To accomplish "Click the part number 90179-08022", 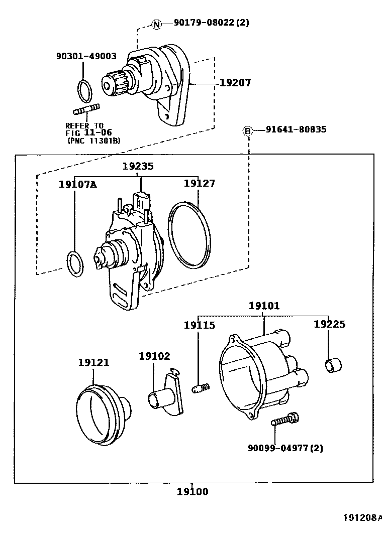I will (x=211, y=23).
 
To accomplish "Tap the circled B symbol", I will (x=247, y=130).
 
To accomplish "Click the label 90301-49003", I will (x=86, y=57).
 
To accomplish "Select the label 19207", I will (x=235, y=82).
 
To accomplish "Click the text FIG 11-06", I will (x=88, y=133).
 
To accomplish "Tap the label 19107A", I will (x=77, y=184).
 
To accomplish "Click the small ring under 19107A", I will (x=75, y=263).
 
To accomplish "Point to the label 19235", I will (x=138, y=166).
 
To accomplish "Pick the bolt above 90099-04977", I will (x=285, y=419).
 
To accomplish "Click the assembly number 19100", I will (x=192, y=492).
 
